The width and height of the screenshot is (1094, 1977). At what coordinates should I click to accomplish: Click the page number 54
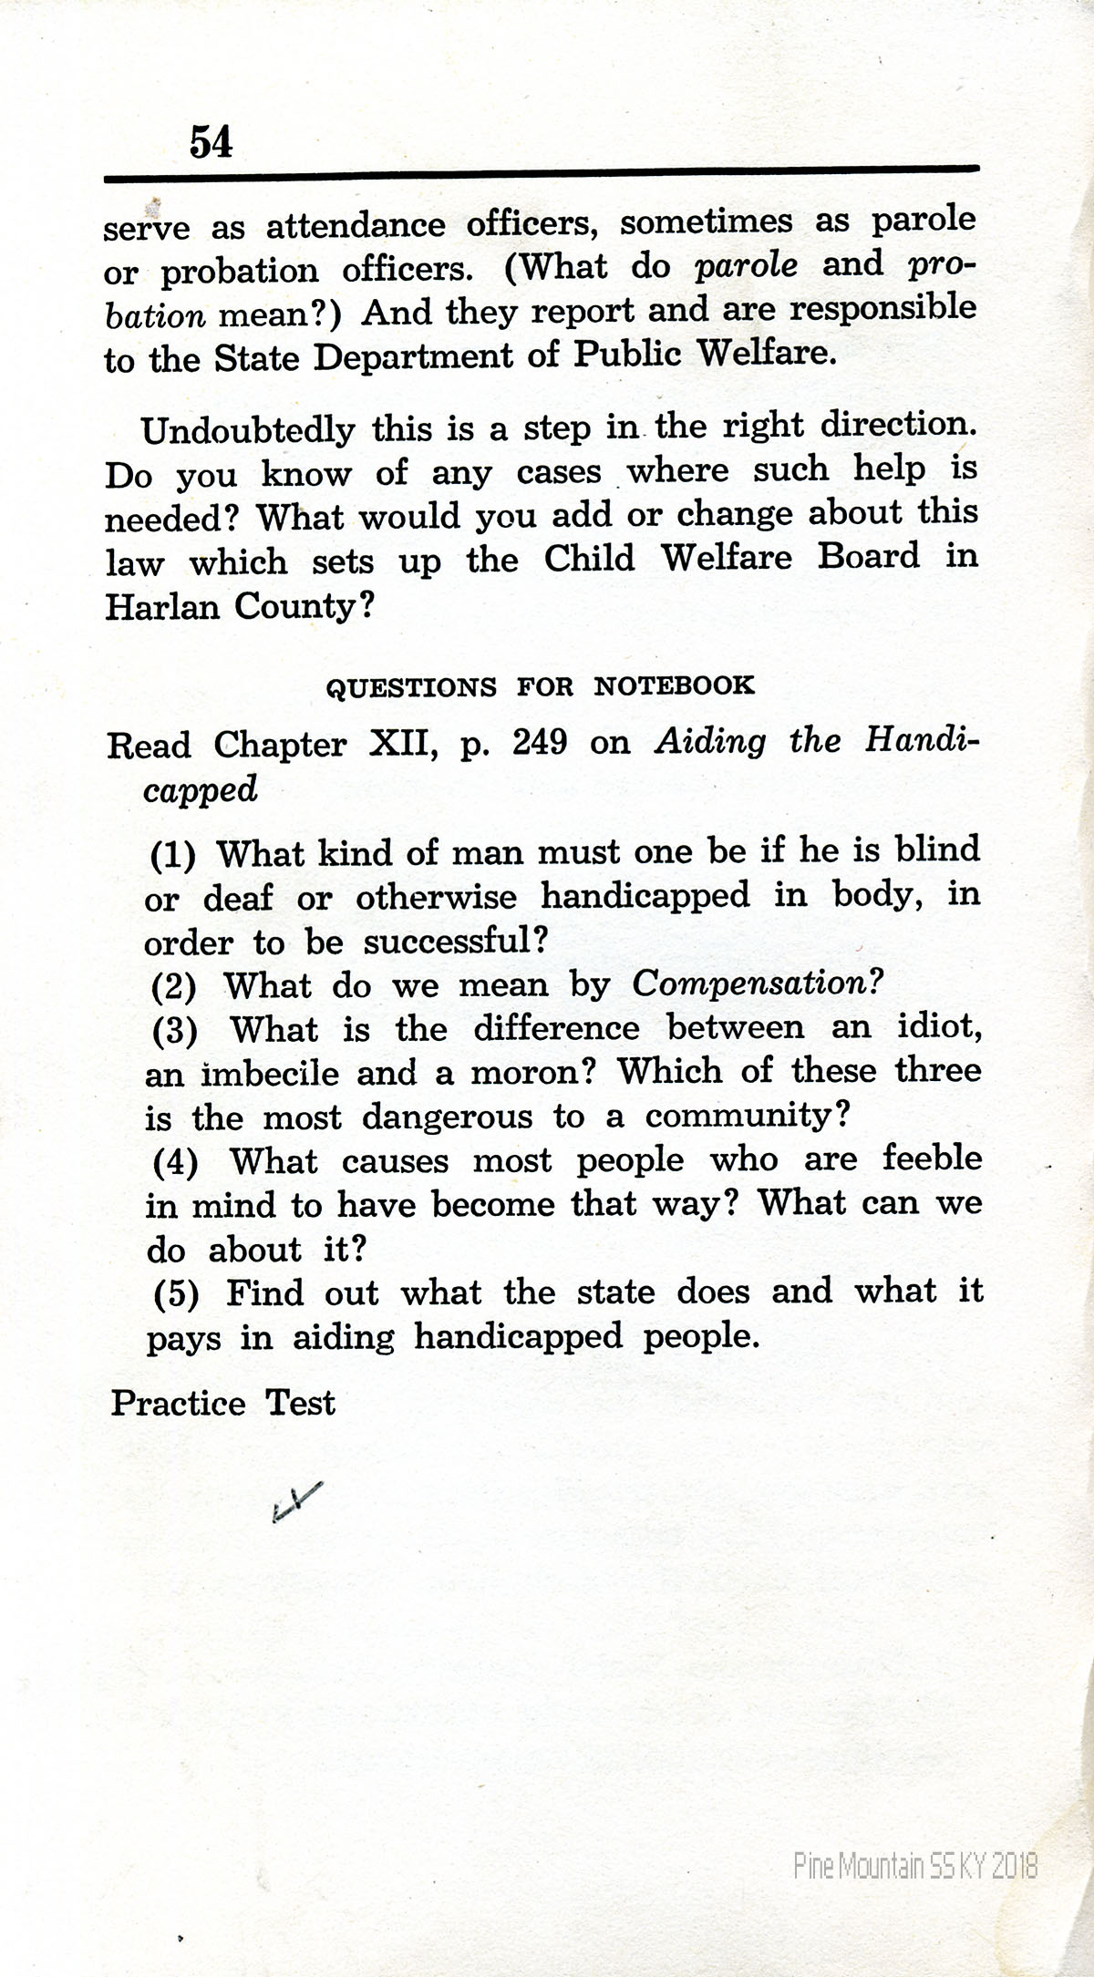[211, 142]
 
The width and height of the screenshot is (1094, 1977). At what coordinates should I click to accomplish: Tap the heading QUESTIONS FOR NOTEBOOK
[540, 686]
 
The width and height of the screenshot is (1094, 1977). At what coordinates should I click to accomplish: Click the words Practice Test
[223, 1403]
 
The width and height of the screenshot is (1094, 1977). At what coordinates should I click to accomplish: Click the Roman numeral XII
[392, 745]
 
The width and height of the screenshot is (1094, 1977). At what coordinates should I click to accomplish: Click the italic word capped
[201, 789]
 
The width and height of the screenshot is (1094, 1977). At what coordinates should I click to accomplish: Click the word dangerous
[447, 1117]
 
